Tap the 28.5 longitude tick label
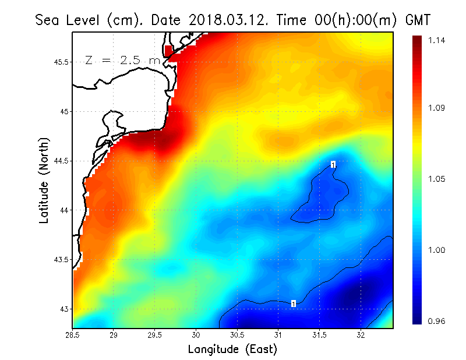click(x=73, y=335)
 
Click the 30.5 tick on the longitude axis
click(x=237, y=335)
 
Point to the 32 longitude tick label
click(x=361, y=335)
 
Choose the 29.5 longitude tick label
click(x=155, y=335)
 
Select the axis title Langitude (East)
click(x=232, y=350)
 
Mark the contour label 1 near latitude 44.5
click(x=333, y=165)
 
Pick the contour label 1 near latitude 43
click(x=294, y=303)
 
